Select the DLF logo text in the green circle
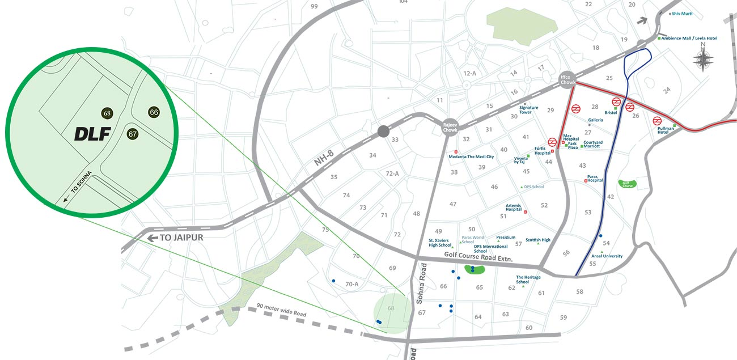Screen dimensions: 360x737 [x=92, y=134]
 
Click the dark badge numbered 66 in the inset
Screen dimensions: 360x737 [x=154, y=112]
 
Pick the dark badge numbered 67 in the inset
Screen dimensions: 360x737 [x=133, y=134]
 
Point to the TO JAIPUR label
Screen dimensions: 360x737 [x=181, y=238]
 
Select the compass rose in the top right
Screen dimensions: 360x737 [x=703, y=58]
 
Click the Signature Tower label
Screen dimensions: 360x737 [x=529, y=110]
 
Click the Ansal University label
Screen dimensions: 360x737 [x=607, y=256]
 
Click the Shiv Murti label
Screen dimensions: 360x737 [x=683, y=14]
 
